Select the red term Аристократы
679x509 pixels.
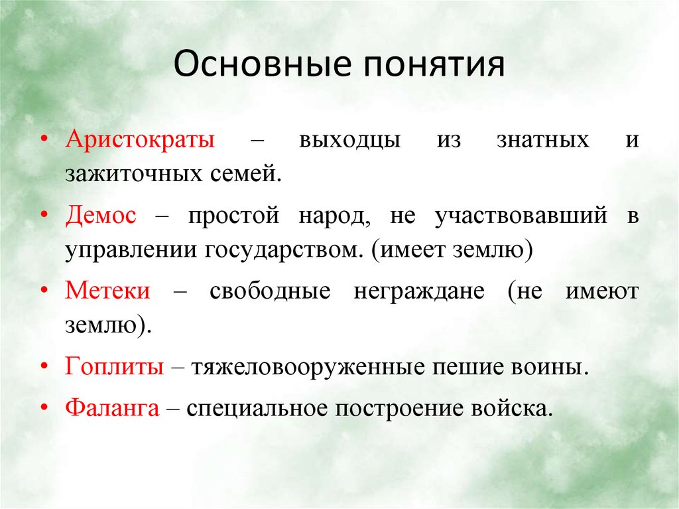click(x=139, y=141)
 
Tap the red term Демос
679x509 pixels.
click(x=101, y=216)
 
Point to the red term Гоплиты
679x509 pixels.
click(x=114, y=367)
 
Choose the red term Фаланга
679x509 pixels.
click(x=112, y=407)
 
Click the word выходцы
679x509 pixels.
click(x=349, y=141)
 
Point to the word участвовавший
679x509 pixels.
click(x=521, y=216)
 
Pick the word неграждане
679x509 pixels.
click(x=419, y=292)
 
